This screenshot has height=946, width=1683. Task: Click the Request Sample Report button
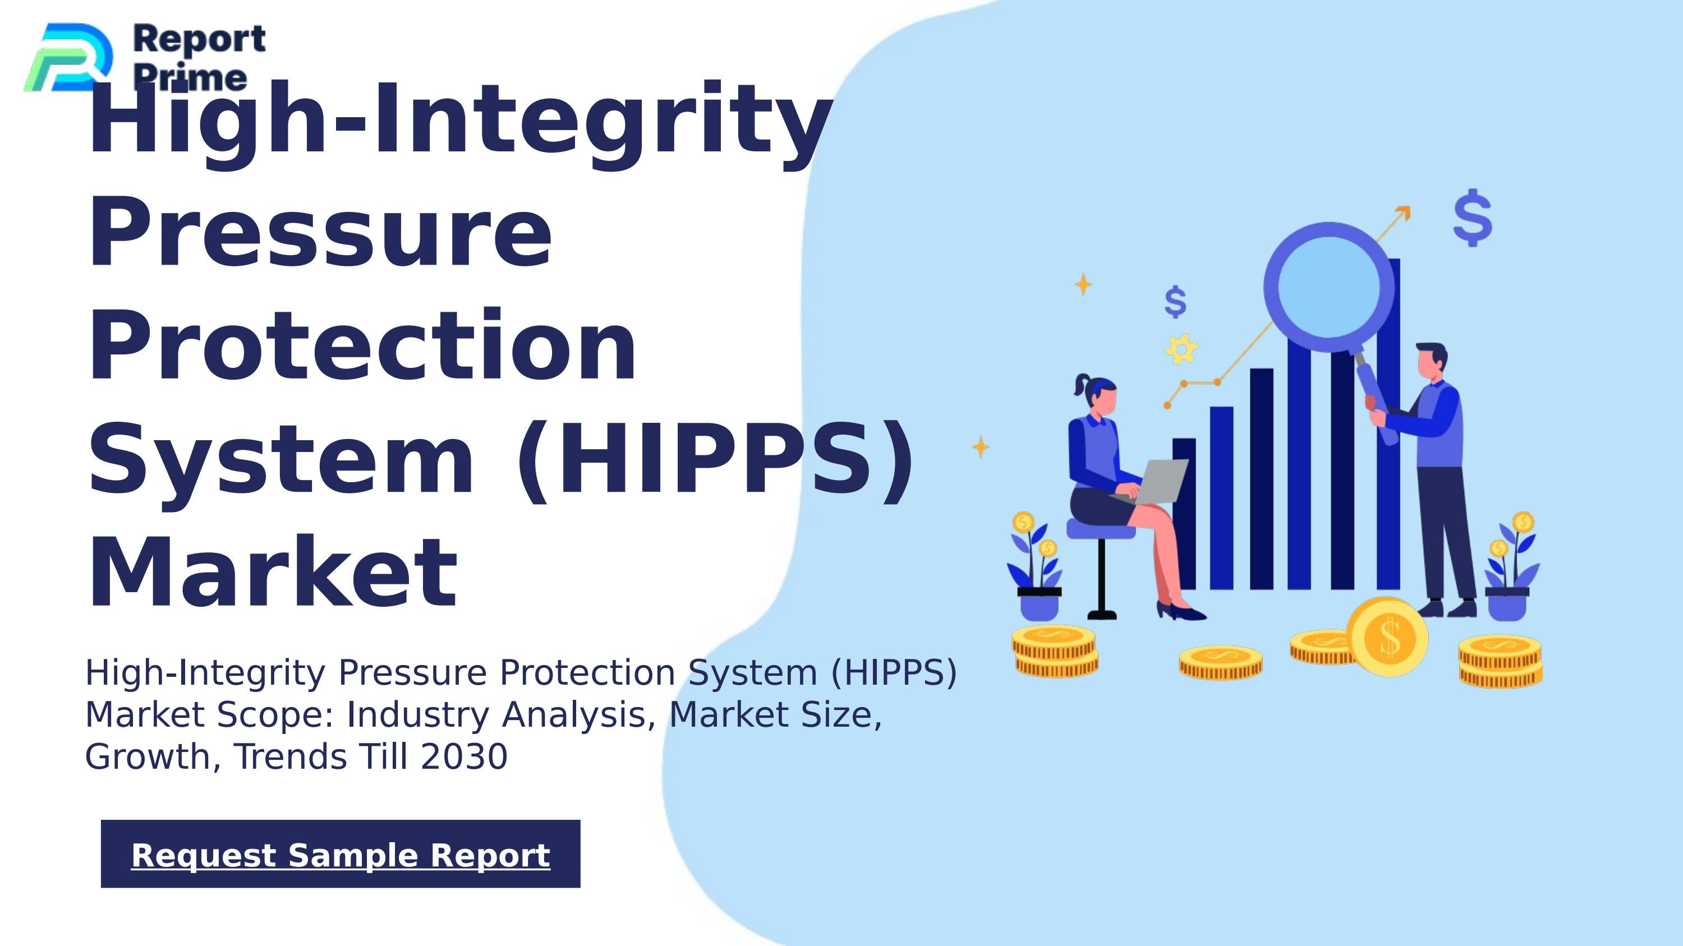341,854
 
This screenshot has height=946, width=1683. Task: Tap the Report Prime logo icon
69,57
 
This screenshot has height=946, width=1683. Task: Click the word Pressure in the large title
320,233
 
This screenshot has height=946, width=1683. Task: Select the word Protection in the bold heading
362,345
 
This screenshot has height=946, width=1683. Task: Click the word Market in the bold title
273,573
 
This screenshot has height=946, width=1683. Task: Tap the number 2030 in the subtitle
464,756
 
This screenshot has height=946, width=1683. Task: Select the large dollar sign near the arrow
1473,218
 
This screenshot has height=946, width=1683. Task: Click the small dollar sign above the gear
1175,302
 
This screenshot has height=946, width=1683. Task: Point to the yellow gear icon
1181,349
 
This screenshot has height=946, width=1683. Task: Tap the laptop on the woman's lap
1158,481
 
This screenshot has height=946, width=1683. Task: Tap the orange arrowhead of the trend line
1404,213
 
